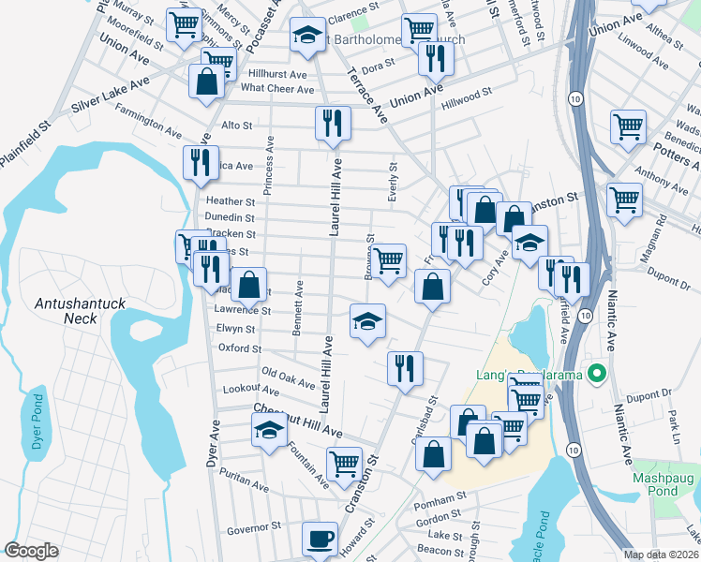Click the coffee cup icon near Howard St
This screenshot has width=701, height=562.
(321, 539)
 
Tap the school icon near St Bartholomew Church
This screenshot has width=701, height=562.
(306, 36)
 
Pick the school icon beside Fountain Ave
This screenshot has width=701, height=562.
(268, 431)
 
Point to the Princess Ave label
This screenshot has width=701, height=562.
(268, 165)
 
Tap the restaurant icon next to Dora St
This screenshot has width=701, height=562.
(436, 57)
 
